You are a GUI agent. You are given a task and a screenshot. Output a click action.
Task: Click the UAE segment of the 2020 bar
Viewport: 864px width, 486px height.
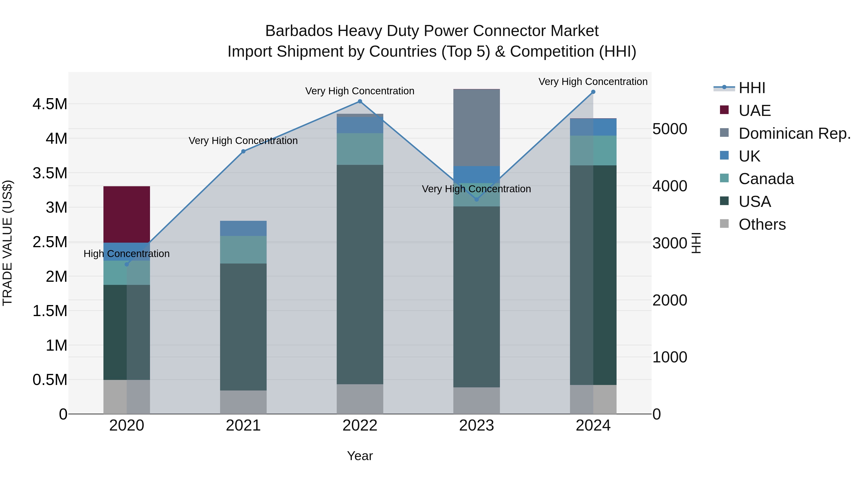[126, 214]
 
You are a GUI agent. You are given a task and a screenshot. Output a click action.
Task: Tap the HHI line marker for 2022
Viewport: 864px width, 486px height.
[360, 101]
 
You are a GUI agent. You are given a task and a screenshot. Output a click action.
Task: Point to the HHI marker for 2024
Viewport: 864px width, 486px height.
[593, 92]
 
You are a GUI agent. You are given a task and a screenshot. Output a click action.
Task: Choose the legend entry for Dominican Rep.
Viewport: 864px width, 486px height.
[794, 133]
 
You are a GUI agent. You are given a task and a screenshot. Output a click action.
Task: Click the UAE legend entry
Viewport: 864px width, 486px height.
[754, 111]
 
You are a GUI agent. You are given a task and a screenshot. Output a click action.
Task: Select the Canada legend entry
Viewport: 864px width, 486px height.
[766, 179]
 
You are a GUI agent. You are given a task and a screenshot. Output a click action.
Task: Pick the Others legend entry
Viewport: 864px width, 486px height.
[762, 224]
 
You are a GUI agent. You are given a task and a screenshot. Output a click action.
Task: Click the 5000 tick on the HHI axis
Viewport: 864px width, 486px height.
[669, 129]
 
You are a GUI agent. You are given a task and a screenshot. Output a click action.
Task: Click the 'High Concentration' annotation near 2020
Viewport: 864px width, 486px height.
[126, 254]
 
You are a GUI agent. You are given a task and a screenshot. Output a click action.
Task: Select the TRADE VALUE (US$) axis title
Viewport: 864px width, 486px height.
[7, 243]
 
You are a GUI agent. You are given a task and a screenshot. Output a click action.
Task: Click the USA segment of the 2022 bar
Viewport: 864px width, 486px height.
[360, 274]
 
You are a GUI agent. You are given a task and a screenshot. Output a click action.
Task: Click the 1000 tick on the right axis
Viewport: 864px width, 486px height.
[669, 357]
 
